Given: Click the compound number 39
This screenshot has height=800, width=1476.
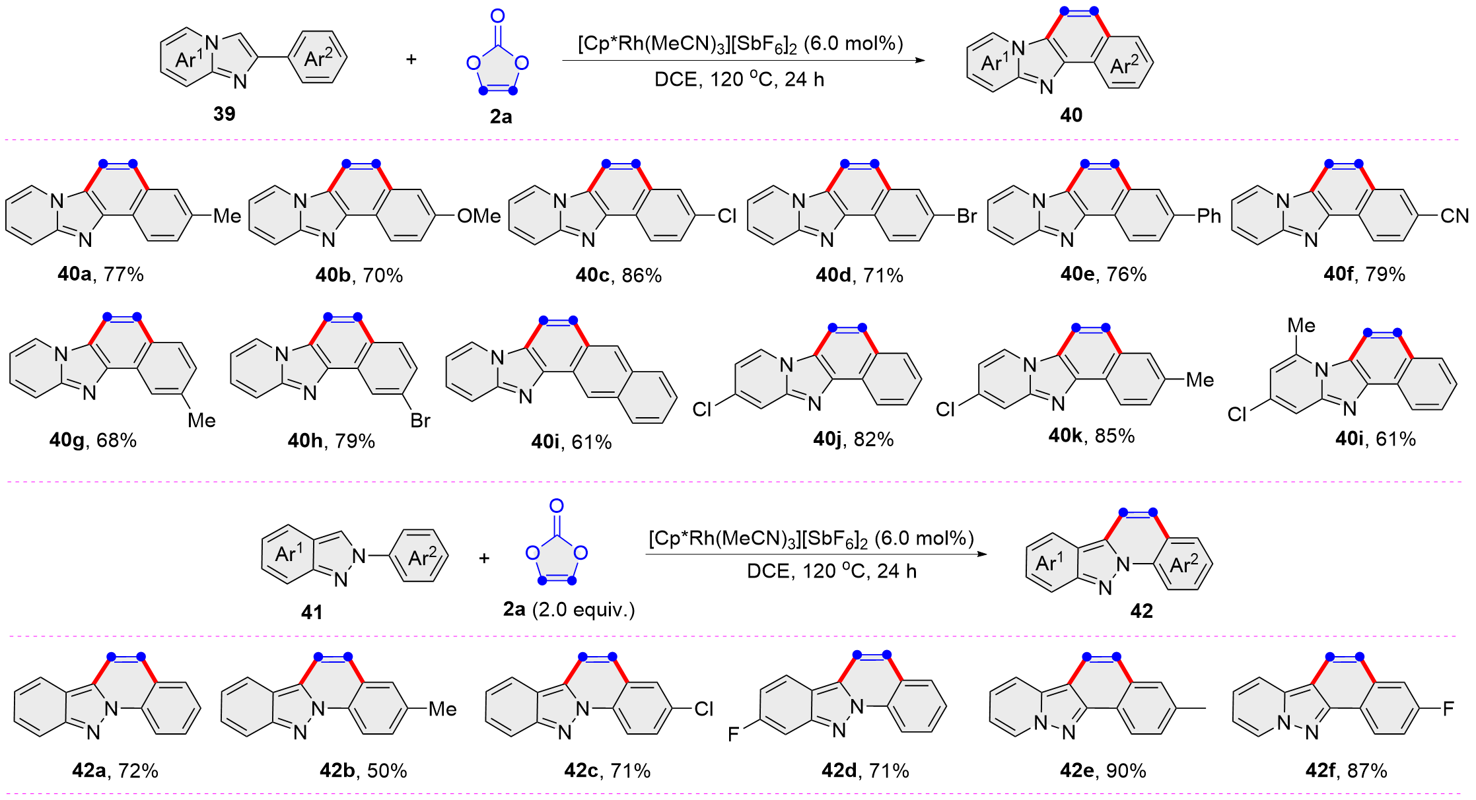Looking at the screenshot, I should pos(224,114).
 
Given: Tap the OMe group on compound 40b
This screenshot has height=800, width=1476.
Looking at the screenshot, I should pos(479,216).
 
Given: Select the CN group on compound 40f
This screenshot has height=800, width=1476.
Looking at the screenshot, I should pos(1454,216).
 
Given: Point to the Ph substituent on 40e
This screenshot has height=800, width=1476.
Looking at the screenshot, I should pos(1209,216).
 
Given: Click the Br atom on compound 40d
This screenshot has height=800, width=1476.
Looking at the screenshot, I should pos(966,216).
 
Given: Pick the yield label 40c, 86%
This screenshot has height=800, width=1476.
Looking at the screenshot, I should pos(618,275).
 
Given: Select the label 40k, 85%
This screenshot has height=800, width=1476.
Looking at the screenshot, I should pos(1091,436).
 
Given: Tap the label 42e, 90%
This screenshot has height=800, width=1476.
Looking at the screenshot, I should pos(1103,770).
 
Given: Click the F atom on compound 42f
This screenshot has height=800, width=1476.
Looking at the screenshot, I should pos(1448,709).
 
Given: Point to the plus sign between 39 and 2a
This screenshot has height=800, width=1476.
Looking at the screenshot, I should pos(411,59).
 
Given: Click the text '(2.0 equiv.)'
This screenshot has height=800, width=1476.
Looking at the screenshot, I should pos(583,609).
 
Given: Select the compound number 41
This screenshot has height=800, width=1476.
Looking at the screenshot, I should pos(312,613).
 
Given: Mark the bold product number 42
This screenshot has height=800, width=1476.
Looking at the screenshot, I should pos(1141,611).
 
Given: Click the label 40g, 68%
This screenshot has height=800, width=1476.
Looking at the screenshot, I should pos(93,440).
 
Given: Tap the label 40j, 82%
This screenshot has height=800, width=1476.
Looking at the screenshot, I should pos(853,439).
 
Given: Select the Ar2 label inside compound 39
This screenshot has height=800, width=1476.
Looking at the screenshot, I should pos(319,59).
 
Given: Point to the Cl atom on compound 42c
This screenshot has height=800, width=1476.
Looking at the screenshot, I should pos(703,709).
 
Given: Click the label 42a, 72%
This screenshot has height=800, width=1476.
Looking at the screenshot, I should pos(116,770).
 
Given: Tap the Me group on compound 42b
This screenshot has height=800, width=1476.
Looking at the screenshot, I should pos(442,709).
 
